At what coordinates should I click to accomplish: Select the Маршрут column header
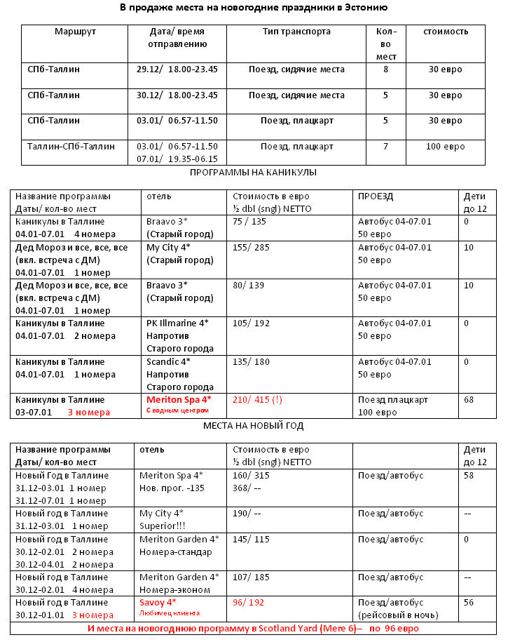(75, 32)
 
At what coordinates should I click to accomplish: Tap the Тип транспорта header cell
(296, 32)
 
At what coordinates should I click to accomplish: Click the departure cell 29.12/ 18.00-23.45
(177, 69)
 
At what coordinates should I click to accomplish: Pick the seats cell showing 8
(385, 69)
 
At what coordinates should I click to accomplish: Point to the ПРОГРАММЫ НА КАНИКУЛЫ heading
(254, 173)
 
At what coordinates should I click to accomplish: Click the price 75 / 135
(249, 222)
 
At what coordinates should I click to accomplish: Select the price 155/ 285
(251, 248)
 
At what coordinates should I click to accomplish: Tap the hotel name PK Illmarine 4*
(177, 323)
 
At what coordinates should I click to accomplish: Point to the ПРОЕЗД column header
(376, 196)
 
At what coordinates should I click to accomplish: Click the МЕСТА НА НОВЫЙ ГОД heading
(254, 425)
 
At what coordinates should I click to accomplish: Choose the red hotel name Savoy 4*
(158, 603)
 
